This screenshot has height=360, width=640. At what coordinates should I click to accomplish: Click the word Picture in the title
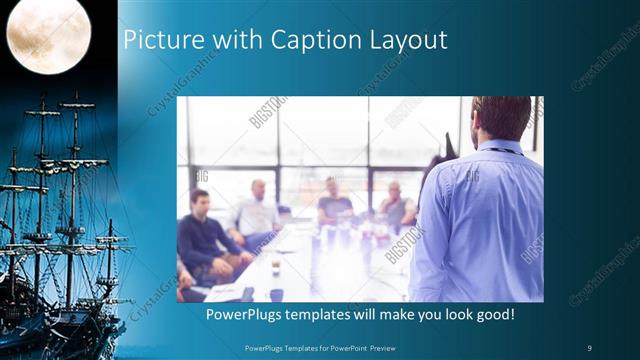(161, 40)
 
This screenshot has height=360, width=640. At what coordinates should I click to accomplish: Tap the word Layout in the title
(405, 40)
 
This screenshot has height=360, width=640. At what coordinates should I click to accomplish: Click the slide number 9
(590, 347)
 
